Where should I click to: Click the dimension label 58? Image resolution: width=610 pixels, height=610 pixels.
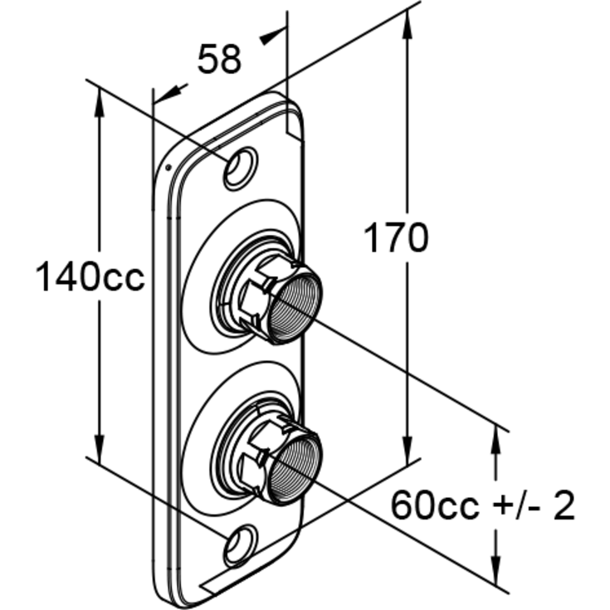219,59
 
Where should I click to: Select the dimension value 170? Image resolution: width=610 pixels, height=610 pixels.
396,237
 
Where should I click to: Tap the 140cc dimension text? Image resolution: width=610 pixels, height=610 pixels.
90,276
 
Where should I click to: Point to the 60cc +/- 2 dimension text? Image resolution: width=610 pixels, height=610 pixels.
482,505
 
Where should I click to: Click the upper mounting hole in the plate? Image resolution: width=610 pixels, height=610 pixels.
241,168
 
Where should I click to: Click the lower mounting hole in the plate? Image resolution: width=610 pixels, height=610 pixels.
241,545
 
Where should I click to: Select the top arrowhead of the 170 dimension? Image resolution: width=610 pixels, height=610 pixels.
407,24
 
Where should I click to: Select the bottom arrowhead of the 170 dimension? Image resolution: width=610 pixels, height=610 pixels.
407,451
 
